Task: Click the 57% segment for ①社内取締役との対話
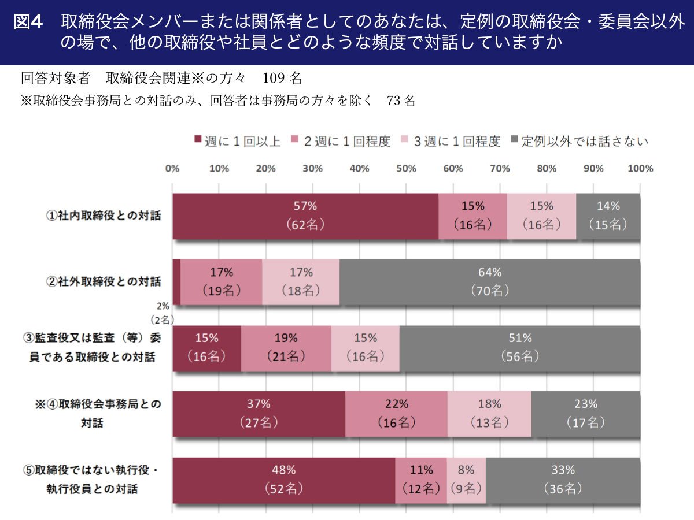pyautogui.click(x=305, y=216)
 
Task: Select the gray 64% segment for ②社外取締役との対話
pyautogui.click(x=489, y=281)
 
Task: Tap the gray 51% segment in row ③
pyautogui.click(x=519, y=348)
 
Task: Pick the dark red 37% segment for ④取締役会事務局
pyautogui.click(x=259, y=414)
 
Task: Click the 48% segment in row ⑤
pyautogui.click(x=283, y=480)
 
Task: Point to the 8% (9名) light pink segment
pyautogui.click(x=466, y=480)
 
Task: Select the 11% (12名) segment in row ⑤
pyautogui.click(x=421, y=480)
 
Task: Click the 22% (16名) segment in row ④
pyautogui.click(x=396, y=414)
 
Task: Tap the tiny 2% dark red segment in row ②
pyautogui.click(x=176, y=281)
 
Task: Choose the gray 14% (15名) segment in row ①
pyautogui.click(x=608, y=216)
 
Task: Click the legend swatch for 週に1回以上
pyautogui.click(x=197, y=141)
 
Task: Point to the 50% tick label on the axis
pyautogui.click(x=407, y=169)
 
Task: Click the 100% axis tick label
pyautogui.click(x=640, y=169)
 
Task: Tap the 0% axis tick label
pyautogui.click(x=172, y=169)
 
